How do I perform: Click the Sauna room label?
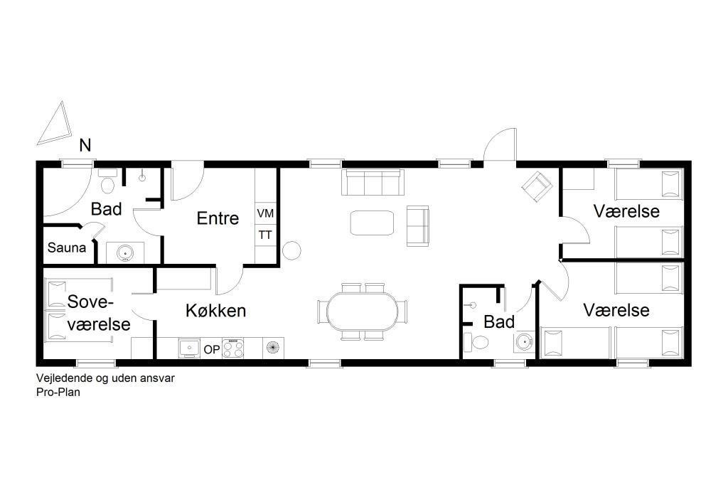(66, 247)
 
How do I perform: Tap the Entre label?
(218, 218)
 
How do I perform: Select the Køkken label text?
(216, 310)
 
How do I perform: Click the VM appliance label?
(266, 213)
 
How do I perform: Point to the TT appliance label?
(265, 235)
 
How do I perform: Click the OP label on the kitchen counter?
(212, 349)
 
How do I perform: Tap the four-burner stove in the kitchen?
(233, 348)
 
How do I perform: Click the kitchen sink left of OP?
(189, 348)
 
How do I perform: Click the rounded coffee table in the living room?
(373, 223)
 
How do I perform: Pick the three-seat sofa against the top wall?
(373, 182)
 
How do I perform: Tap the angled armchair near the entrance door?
(537, 187)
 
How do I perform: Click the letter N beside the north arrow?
(85, 145)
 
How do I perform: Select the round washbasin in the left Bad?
(125, 252)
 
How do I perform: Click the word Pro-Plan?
(58, 392)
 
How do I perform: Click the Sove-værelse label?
(98, 313)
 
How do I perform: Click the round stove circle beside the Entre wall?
(292, 250)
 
